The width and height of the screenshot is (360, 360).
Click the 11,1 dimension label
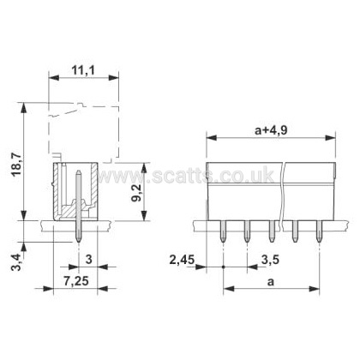tap(82, 70)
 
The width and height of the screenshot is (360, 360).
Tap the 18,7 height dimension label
tap(16, 165)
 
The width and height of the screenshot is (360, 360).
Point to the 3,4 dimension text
tap(16, 262)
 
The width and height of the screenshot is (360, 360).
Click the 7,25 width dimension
tap(76, 281)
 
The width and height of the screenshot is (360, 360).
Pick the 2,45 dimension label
tap(182, 260)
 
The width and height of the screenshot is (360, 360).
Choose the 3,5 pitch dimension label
tap(270, 260)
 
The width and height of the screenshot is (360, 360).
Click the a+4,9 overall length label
tap(271, 130)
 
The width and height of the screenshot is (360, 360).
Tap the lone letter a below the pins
tap(270, 282)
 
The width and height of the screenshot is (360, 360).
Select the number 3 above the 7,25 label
tap(89, 260)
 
